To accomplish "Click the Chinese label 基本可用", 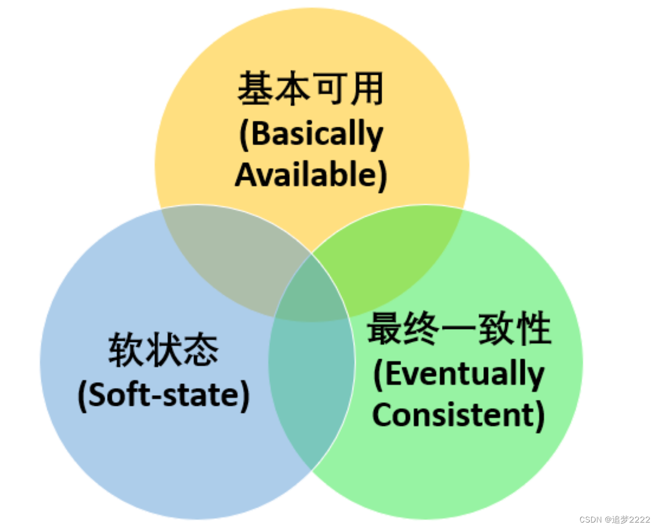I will [311, 89].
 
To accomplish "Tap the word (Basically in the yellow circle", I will [311, 134].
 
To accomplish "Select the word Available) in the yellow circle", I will [311, 175].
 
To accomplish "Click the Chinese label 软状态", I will [164, 350].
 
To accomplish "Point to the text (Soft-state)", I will [164, 395].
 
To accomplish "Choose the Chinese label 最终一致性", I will [459, 328].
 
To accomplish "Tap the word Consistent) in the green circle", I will [459, 415].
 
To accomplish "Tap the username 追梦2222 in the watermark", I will [631, 519].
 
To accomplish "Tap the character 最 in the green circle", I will [385, 328].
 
